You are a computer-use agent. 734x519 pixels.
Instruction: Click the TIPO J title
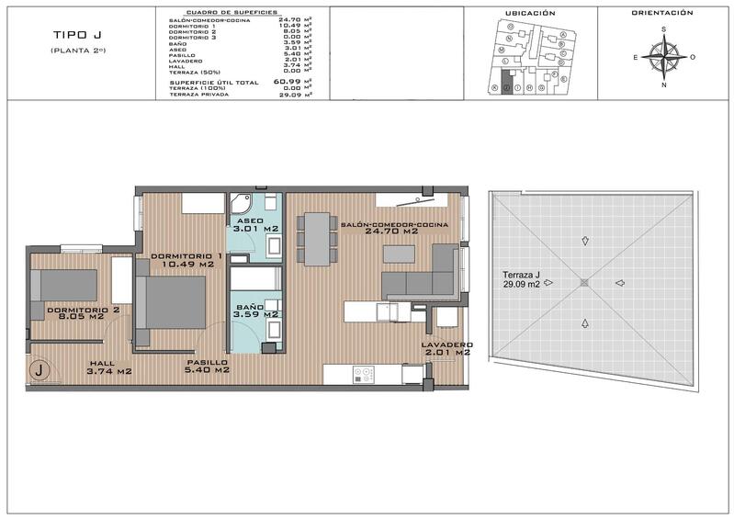coord(77,36)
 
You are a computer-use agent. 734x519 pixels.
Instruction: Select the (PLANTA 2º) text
coord(78,50)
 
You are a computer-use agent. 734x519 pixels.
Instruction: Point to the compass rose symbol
coord(663,56)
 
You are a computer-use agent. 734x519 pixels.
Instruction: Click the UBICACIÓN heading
coord(531,13)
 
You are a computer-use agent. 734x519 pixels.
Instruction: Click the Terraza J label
coord(521,279)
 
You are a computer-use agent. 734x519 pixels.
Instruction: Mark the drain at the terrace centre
coord(582,283)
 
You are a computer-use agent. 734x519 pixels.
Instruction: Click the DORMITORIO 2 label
coord(84,314)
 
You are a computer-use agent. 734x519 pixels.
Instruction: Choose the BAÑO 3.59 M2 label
coord(255,310)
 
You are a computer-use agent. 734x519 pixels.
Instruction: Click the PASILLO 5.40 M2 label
coord(207,367)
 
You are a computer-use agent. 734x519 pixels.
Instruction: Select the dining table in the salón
coord(317,238)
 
